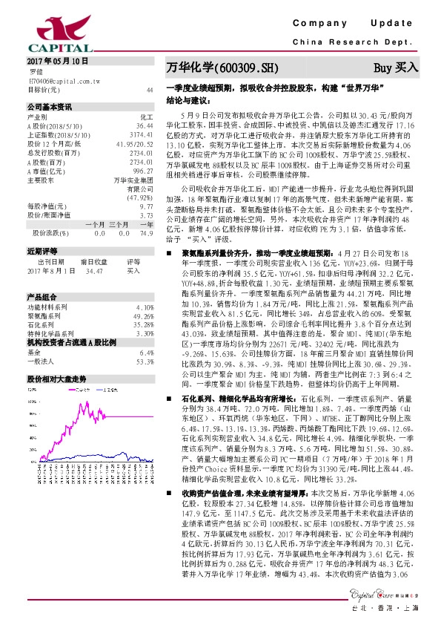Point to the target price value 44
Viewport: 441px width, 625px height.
pos(150,89)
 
